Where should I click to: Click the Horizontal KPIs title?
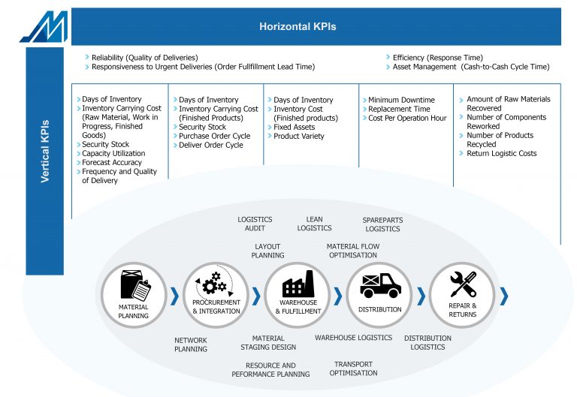(298, 26)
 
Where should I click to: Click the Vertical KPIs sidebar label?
(45, 151)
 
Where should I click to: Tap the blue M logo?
(45, 27)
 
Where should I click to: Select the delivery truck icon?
(380, 285)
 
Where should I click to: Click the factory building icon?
(298, 284)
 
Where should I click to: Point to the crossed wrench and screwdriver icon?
(463, 284)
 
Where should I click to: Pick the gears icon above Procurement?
(214, 284)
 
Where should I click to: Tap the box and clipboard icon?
(135, 286)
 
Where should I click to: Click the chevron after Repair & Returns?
(504, 296)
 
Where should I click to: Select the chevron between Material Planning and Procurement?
(175, 296)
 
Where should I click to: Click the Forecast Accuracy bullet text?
(112, 162)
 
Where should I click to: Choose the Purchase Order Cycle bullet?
(215, 136)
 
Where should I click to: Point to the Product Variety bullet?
(299, 136)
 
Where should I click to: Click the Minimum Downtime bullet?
(401, 100)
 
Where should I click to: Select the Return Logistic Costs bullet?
(502, 153)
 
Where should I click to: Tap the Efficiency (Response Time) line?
(438, 58)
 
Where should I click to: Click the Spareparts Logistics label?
(382, 224)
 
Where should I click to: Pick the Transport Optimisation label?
(353, 368)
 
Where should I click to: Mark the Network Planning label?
(191, 344)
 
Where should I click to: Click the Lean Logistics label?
(314, 224)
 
